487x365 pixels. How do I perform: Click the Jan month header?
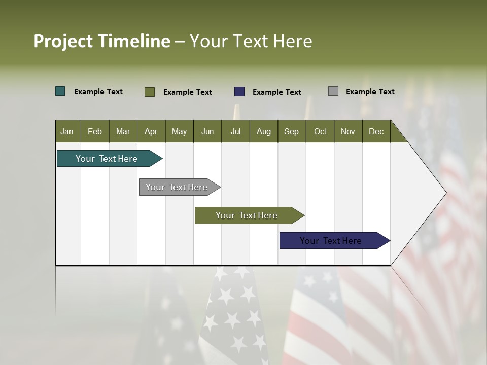click(67, 131)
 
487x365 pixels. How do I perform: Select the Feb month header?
click(95, 131)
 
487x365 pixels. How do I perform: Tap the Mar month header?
click(123, 131)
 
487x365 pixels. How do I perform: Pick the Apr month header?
click(151, 131)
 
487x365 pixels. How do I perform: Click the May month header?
click(179, 131)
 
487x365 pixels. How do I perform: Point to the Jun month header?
click(207, 131)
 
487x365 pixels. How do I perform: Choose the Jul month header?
click(235, 131)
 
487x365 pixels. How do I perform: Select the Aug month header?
click(263, 131)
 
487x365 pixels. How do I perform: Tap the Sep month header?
click(291, 131)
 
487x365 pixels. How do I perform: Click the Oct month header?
click(320, 131)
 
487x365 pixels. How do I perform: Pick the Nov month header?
click(347, 131)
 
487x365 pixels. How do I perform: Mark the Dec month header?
click(376, 131)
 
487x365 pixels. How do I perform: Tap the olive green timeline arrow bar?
click(247, 215)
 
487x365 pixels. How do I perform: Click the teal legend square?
click(60, 91)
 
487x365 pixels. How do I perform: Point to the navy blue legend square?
click(239, 91)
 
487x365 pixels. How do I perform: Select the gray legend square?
click(333, 91)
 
